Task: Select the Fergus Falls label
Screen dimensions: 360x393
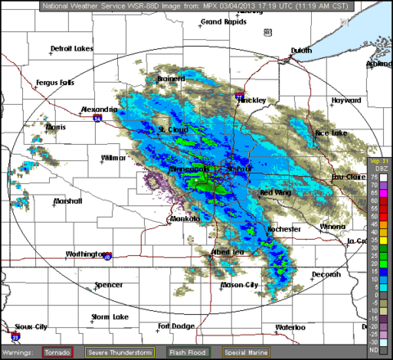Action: tap(55, 83)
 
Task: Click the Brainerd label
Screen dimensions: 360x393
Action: tap(172, 79)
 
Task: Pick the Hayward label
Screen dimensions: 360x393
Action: tap(346, 101)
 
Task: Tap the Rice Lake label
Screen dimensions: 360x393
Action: tap(331, 133)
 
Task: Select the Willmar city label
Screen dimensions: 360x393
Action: tap(114, 157)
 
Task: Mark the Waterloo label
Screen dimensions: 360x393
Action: tap(289, 327)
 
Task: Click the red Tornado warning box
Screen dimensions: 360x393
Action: tap(57, 352)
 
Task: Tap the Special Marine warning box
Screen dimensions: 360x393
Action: tap(246, 352)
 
